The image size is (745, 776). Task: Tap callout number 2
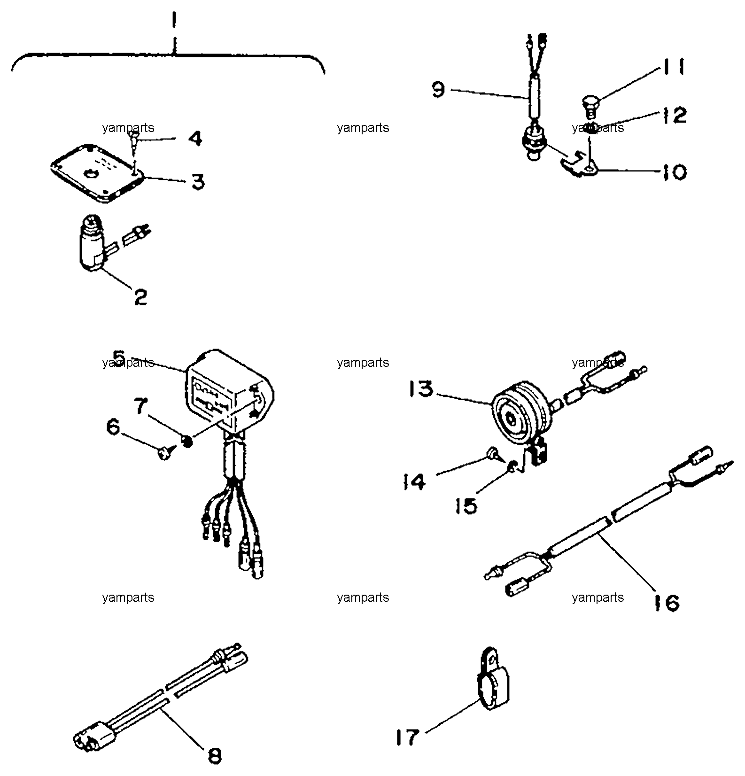(x=140, y=296)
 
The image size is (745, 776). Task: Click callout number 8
(x=214, y=755)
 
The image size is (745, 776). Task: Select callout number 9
(x=438, y=89)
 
